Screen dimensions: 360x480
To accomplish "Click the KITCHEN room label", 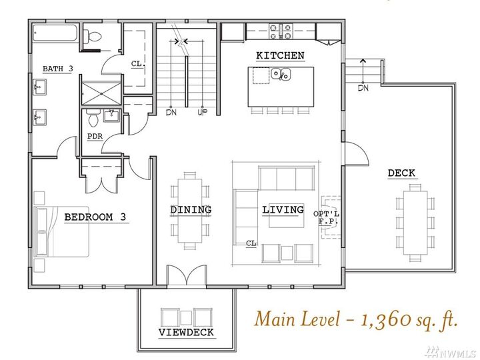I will click(281, 55).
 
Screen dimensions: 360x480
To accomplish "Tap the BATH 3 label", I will click(58, 69).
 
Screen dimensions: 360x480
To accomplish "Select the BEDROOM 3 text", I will click(95, 217).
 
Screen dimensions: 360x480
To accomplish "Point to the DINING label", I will click(191, 210).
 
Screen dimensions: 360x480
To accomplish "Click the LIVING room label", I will click(283, 210).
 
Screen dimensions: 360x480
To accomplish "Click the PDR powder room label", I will click(95, 137).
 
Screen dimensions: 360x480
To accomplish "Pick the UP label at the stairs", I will click(201, 113).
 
